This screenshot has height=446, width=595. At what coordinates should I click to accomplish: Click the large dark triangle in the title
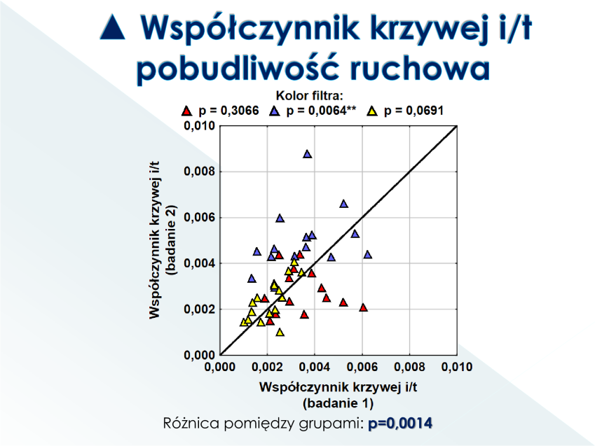point(113,27)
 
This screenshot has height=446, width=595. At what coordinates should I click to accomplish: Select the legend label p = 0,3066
point(228,111)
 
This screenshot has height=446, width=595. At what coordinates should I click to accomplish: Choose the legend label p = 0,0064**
point(321,111)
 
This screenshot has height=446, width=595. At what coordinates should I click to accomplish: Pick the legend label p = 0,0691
point(413,111)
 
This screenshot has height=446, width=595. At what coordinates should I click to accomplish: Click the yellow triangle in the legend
point(372,111)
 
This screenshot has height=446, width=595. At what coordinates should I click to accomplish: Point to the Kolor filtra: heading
point(309,95)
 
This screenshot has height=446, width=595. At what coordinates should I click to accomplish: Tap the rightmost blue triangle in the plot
point(367,254)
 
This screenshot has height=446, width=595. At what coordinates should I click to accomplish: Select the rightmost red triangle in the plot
point(363,307)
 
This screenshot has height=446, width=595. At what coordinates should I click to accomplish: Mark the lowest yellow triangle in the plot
point(280,332)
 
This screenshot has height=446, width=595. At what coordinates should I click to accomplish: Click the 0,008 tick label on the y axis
point(199,172)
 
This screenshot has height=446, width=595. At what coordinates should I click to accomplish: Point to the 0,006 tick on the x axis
point(362,367)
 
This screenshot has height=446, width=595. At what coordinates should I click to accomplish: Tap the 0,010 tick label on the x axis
point(457,367)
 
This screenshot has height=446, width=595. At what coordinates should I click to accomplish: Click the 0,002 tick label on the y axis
point(199,309)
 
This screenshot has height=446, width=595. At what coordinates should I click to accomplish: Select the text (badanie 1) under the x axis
point(338,403)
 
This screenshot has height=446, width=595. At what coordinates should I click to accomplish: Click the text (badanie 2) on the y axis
point(172,239)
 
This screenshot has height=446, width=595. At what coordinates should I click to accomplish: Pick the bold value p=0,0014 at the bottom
point(400,423)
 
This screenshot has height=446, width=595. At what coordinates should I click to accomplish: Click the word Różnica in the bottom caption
point(191,423)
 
